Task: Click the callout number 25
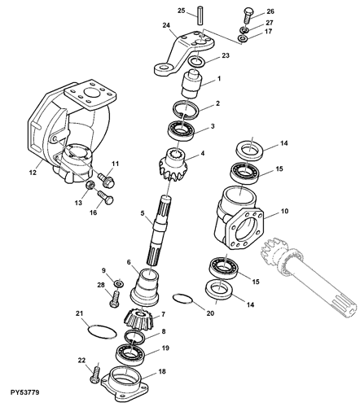click(182, 11)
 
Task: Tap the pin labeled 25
click(200, 15)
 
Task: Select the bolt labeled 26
click(248, 15)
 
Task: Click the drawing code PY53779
click(25, 392)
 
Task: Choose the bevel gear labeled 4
click(173, 163)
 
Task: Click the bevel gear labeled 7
click(139, 318)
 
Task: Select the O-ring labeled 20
click(182, 299)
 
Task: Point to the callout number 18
click(162, 371)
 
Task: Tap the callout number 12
click(33, 172)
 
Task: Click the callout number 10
click(285, 211)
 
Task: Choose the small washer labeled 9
click(119, 283)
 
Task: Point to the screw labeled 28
click(115, 299)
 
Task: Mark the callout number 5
click(143, 213)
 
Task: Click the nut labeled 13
click(90, 186)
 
